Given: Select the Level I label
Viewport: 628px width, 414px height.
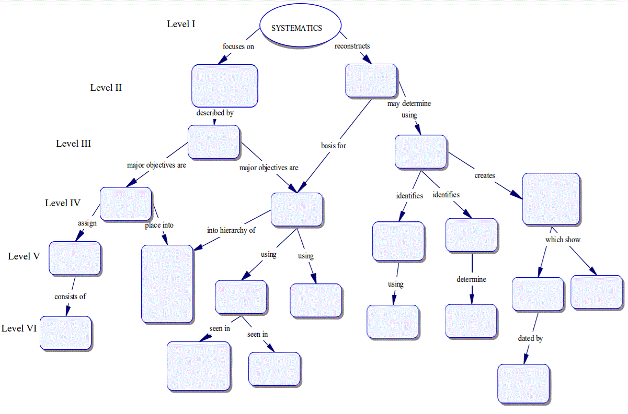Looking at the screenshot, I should (x=181, y=24).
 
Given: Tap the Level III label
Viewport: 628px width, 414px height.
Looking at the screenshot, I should (x=74, y=144).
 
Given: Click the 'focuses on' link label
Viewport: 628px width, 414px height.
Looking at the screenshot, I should (x=238, y=46).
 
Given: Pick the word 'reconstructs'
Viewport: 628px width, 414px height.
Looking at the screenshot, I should (x=352, y=46).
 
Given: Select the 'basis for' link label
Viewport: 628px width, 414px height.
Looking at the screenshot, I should (x=333, y=146).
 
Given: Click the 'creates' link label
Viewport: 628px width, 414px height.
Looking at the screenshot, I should (x=485, y=175).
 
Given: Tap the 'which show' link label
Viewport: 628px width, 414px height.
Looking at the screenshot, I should (x=563, y=240).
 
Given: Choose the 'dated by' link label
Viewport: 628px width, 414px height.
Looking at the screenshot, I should (x=530, y=338).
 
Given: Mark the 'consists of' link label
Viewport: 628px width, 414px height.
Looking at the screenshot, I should (x=70, y=296).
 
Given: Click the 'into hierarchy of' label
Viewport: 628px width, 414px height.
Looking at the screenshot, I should (x=231, y=230).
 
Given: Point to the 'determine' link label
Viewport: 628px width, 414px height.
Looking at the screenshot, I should (x=471, y=279).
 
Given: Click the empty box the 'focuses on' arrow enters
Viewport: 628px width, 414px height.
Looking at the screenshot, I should (x=224, y=86).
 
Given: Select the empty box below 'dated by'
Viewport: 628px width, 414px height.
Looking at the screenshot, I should (x=523, y=384).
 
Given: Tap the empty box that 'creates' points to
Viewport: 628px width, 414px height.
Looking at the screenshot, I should (x=551, y=199).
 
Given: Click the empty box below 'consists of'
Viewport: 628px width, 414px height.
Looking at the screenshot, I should (x=66, y=333).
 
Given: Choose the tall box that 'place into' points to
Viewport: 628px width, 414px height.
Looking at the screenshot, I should (x=167, y=283).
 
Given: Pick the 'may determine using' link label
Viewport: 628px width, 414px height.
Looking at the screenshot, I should (x=409, y=109).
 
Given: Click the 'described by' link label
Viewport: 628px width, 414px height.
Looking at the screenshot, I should (x=214, y=113).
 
